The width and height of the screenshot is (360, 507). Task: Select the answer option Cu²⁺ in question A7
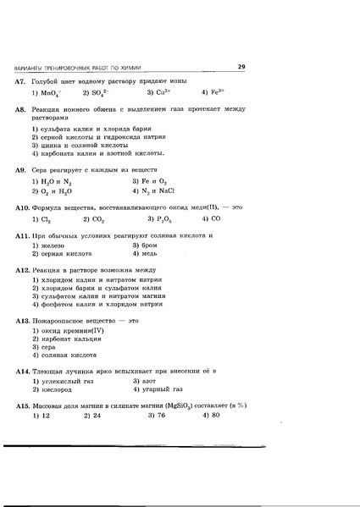(x=162, y=92)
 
